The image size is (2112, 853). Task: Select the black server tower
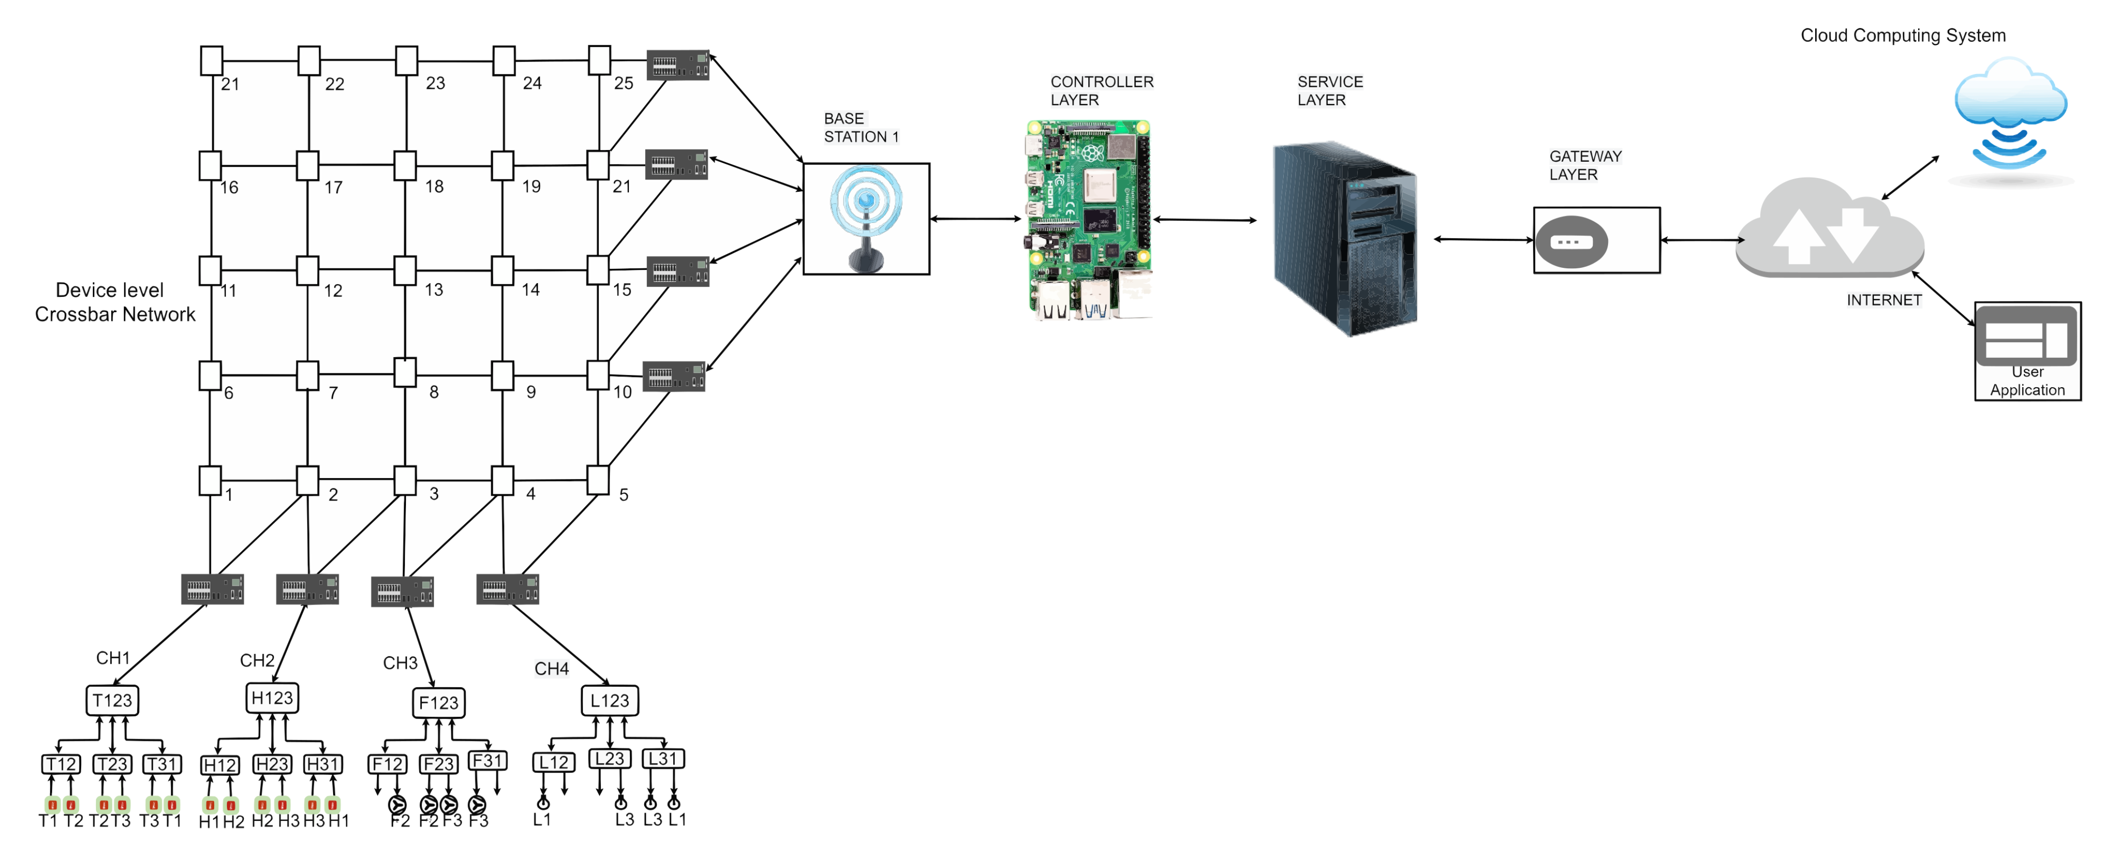[1344, 238]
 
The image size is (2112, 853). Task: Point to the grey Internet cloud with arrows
[1828, 230]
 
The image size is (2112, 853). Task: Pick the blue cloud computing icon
[2011, 111]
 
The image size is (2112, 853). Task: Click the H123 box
[272, 698]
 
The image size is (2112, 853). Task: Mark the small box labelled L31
[663, 759]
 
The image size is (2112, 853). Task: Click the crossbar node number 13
[405, 271]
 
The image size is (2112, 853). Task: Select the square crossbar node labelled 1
[210, 481]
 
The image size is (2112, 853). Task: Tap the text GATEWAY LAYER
[1585, 165]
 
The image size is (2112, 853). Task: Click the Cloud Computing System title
[1902, 35]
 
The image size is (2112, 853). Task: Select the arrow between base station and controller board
[976, 219]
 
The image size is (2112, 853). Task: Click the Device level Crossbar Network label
[114, 302]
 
